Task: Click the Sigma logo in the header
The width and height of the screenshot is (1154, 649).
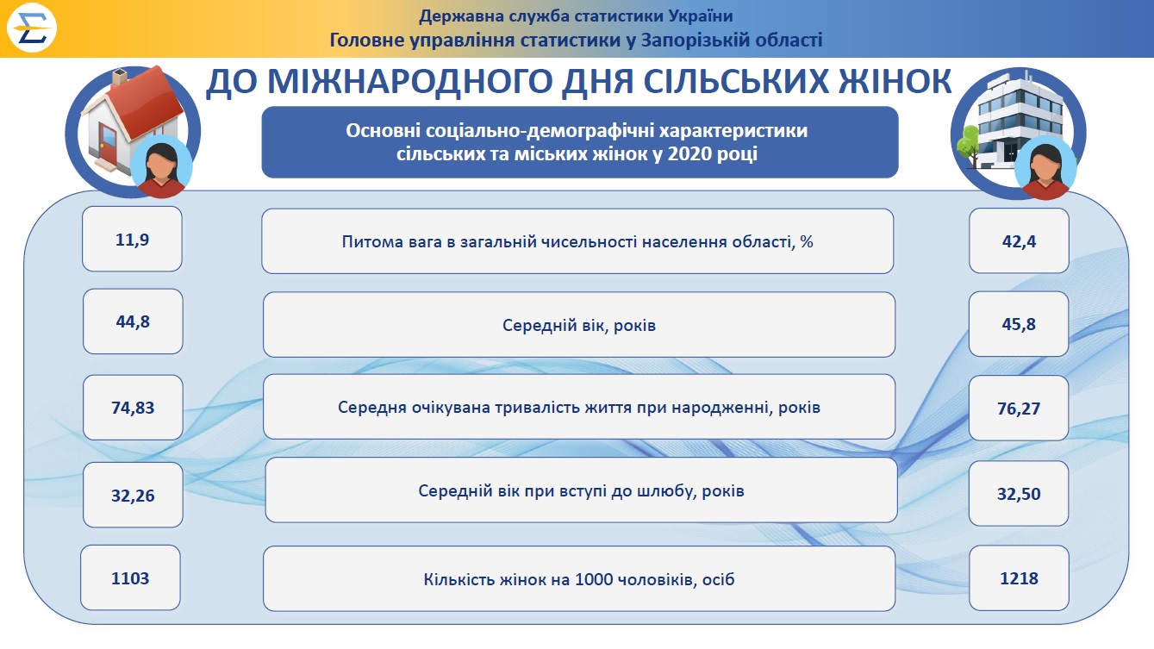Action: pos(31,28)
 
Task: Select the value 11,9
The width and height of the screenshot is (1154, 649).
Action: pos(133,240)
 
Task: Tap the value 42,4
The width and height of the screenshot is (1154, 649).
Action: pos(1019,241)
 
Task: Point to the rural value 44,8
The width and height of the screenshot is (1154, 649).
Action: pos(133,321)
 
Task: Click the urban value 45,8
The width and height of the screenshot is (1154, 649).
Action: pos(1019,324)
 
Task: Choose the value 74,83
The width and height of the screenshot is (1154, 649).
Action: pos(133,408)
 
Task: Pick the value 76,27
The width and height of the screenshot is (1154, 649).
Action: pos(1019,409)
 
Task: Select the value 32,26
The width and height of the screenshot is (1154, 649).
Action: pos(133,496)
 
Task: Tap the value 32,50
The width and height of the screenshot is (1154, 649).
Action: pos(1019,494)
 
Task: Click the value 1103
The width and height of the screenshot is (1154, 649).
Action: pos(130,578)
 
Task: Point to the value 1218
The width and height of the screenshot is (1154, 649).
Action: pos(1019,578)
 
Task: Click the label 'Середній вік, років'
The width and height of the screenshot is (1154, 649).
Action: pos(579,326)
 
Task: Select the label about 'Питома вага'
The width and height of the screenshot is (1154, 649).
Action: pos(577,241)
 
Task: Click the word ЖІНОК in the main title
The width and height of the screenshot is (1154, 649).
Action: pos(895,81)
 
